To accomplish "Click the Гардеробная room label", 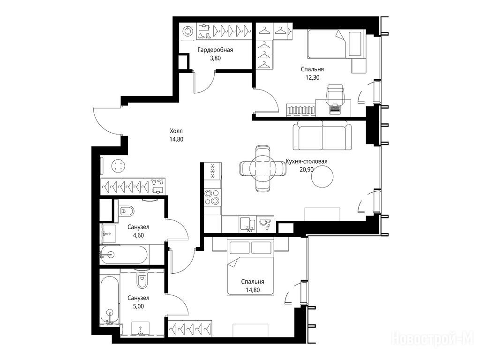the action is pyautogui.click(x=215, y=50).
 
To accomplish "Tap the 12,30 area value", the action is pyautogui.click(x=312, y=77).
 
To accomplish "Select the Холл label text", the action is pyautogui.click(x=176, y=131).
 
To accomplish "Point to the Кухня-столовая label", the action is pyautogui.click(x=307, y=161).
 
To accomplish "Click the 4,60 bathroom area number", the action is pyautogui.click(x=138, y=235).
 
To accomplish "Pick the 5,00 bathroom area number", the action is pyautogui.click(x=138, y=306).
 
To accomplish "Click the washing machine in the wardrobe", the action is pyautogui.click(x=187, y=31).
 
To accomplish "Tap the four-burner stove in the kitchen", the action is pyautogui.click(x=212, y=197).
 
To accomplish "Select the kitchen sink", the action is pyautogui.click(x=248, y=224).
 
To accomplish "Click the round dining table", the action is pyautogui.click(x=263, y=168).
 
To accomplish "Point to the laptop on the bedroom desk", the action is pyautogui.click(x=335, y=109).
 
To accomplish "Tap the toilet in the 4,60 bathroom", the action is pyautogui.click(x=127, y=210).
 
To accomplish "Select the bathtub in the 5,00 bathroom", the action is pyautogui.click(x=110, y=300).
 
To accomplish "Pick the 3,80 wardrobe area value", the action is pyautogui.click(x=215, y=58).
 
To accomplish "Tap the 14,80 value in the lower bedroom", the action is pyautogui.click(x=253, y=290).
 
